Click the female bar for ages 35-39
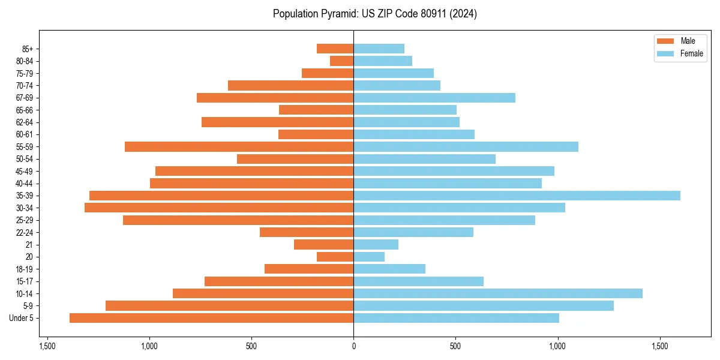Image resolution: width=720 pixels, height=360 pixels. tap(517, 196)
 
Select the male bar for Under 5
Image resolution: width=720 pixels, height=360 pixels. tap(211, 318)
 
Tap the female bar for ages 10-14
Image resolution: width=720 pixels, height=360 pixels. tap(498, 293)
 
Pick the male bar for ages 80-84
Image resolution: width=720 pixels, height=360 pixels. tap(341, 61)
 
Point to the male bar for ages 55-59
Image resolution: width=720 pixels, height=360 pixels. tap(239, 146)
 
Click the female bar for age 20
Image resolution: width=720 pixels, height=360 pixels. tap(369, 257)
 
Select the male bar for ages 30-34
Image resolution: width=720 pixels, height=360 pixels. tap(219, 208)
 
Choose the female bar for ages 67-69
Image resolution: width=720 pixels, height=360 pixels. tap(434, 98)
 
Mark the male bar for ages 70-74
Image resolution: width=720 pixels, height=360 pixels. tap(290, 85)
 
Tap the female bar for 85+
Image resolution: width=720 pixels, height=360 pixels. tap(379, 49)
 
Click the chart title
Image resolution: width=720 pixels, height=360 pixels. tap(374, 14)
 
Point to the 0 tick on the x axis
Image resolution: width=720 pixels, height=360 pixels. tap(353, 346)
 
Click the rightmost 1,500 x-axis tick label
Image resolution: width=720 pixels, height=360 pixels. tap(660, 346)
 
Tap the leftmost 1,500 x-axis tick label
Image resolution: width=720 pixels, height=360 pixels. tap(47, 346)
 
